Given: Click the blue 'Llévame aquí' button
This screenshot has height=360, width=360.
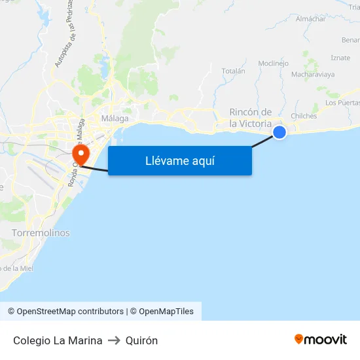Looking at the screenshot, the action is [180, 161].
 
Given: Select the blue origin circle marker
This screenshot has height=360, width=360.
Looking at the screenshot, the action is [279, 132].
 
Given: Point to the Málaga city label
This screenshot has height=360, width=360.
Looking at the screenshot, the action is [115, 118].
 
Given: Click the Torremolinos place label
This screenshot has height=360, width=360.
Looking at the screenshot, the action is [41, 232].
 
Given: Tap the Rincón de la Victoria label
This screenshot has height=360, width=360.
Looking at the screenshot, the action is [250, 117].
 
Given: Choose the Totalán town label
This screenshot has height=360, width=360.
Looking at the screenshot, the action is [234, 71].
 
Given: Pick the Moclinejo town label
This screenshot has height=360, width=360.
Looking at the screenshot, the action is [274, 63].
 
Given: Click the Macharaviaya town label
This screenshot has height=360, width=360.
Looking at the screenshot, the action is [312, 75].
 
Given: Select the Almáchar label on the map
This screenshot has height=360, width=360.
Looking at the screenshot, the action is [310, 19].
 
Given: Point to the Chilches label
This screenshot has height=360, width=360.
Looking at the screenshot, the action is [304, 116].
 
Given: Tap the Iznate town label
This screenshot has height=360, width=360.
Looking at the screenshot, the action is [340, 58].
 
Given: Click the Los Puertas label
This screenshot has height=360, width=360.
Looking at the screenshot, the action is [342, 103].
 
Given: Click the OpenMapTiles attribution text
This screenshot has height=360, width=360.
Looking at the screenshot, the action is [166, 312].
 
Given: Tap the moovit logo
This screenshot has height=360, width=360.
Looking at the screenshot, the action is [321, 339].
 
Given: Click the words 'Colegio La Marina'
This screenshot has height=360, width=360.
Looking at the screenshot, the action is [58, 340].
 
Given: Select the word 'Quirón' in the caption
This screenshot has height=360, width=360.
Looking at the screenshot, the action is [141, 340].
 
